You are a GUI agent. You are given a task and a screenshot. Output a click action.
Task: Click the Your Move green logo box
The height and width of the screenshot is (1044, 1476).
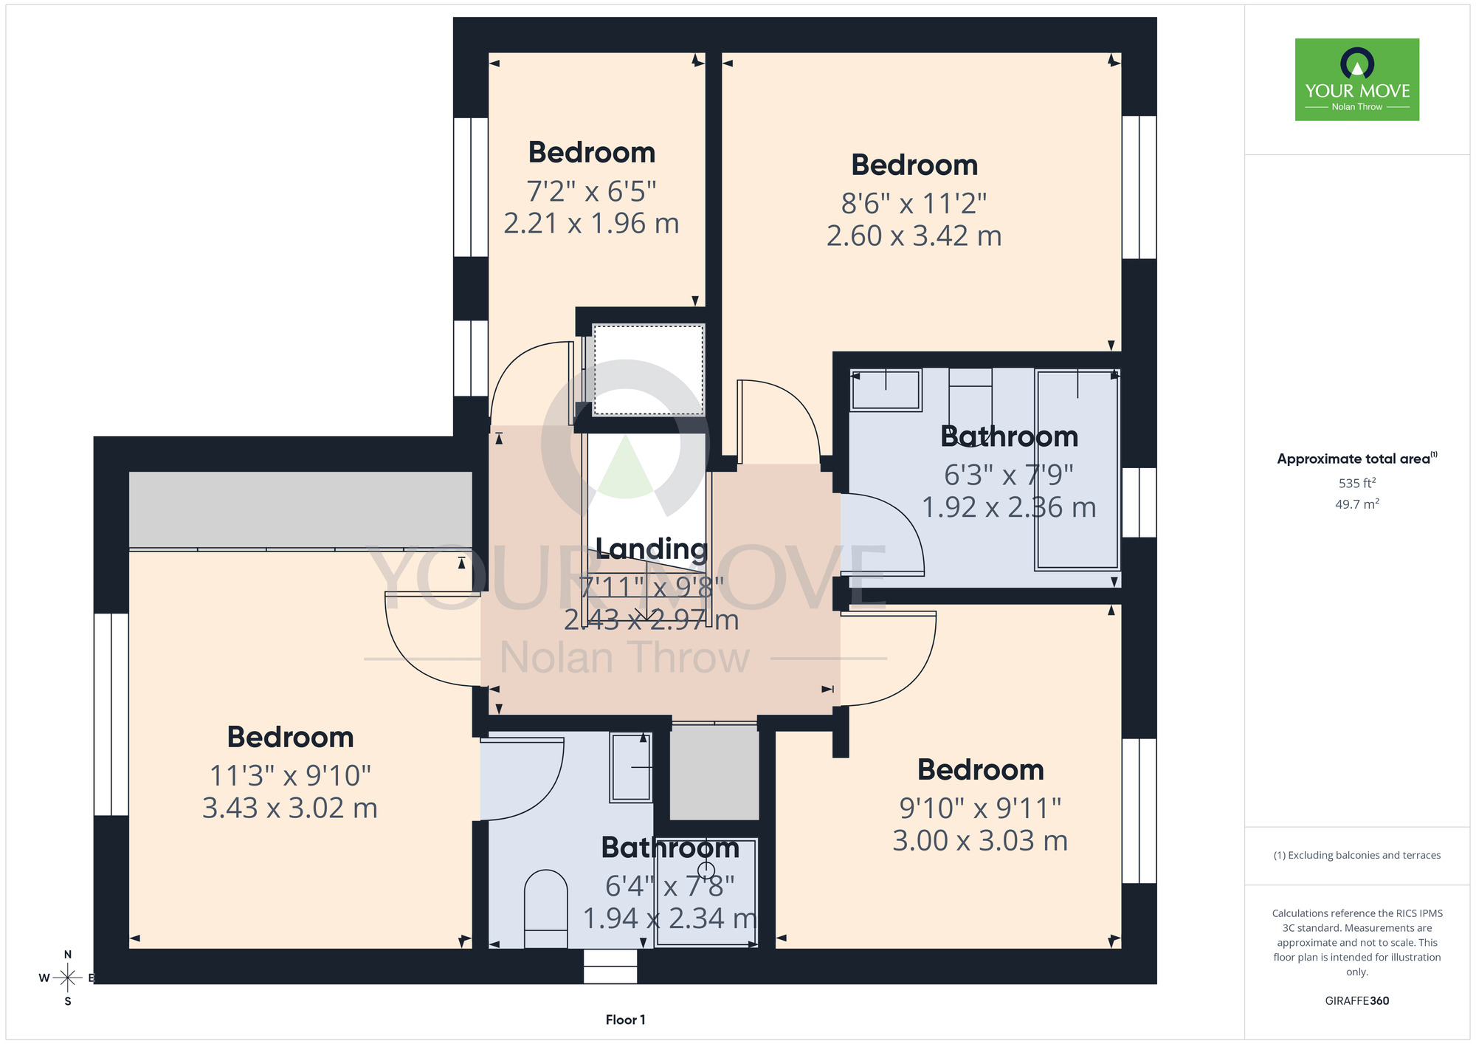tap(1357, 80)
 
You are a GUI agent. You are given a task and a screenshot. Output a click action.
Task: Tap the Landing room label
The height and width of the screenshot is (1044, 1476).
tap(652, 549)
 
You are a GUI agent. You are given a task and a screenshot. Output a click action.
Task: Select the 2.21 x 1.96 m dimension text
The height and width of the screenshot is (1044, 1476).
tap(591, 224)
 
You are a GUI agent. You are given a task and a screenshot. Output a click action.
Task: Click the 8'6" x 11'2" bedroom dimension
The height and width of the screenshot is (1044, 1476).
tap(914, 203)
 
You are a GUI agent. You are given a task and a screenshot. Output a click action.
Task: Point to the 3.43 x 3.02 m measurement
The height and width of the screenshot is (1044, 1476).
tap(290, 808)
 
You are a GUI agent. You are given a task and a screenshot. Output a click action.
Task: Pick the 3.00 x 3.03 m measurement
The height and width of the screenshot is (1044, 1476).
tap(980, 841)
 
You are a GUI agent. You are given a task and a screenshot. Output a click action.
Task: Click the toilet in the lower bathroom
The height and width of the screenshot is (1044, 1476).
tap(545, 909)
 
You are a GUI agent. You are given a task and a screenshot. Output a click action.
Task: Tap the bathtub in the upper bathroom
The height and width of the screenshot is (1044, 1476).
tap(1077, 470)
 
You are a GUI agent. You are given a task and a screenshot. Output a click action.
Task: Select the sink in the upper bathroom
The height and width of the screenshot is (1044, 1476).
tap(886, 390)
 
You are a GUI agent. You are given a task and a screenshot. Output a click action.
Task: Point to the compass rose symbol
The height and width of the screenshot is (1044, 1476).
tap(67, 978)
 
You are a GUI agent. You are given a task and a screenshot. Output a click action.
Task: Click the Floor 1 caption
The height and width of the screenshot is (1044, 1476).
tap(625, 1020)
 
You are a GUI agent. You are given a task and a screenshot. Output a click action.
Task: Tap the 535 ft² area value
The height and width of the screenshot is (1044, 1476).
tap(1357, 483)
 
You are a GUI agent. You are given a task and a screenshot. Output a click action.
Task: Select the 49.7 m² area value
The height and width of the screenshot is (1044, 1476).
tap(1357, 504)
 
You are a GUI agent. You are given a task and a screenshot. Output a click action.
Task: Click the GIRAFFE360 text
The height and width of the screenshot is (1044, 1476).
tap(1357, 1001)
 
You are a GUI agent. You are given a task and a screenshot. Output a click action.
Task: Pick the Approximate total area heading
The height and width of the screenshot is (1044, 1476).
tap(1357, 459)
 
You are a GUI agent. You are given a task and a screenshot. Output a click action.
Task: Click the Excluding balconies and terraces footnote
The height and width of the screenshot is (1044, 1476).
tap(1357, 855)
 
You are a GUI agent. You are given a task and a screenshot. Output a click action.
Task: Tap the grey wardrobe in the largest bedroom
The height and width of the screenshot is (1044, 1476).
tap(300, 510)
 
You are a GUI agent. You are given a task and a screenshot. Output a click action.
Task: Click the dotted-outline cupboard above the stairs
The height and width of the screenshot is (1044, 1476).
tap(648, 370)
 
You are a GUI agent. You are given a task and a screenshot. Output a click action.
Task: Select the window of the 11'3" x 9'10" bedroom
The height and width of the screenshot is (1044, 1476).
tap(111, 714)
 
